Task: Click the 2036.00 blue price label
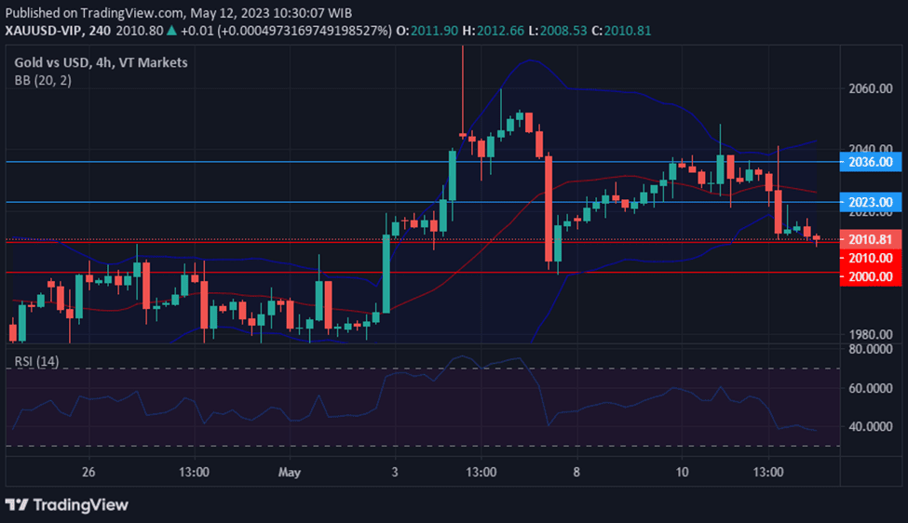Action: pyautogui.click(x=870, y=162)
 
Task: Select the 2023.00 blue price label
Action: pyautogui.click(x=870, y=202)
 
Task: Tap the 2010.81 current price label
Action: pyautogui.click(x=872, y=239)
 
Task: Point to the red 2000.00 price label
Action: pyautogui.click(x=870, y=276)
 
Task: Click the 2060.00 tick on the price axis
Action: pyautogui.click(x=872, y=89)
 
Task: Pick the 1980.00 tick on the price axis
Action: pyautogui.click(x=872, y=335)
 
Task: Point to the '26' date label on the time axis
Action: pyautogui.click(x=88, y=473)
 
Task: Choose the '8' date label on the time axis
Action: pyautogui.click(x=577, y=473)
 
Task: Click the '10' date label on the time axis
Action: pyautogui.click(x=682, y=473)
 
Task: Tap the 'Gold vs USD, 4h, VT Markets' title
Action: pyautogui.click(x=102, y=62)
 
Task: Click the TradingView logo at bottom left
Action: pyautogui.click(x=66, y=504)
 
